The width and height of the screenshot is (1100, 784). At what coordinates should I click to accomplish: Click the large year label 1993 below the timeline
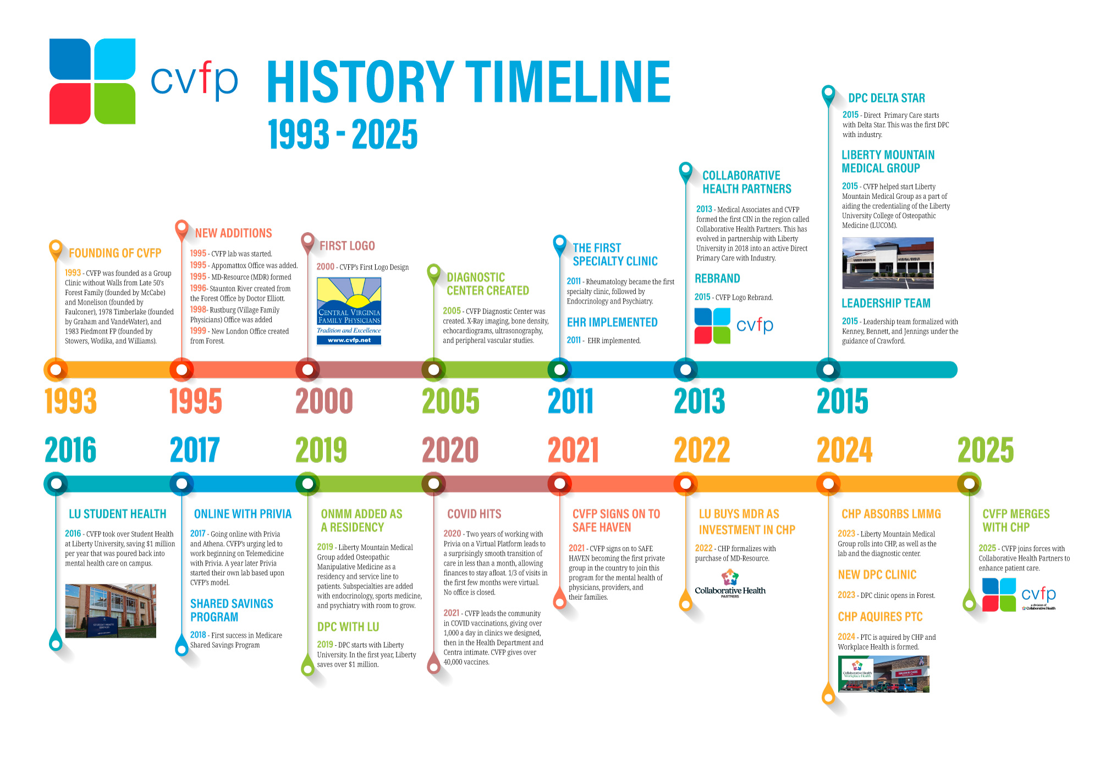[x=71, y=401]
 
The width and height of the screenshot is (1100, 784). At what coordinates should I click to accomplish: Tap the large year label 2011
[x=571, y=401]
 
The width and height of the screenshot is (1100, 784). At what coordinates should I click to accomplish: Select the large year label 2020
[x=450, y=450]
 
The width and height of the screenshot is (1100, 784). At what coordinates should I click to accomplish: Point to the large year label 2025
[x=986, y=450]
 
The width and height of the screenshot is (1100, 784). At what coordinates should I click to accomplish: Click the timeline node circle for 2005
[x=434, y=370]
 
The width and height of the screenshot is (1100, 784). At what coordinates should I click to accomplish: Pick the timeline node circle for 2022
[x=686, y=484]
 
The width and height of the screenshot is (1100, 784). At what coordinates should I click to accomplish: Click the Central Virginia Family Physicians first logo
[x=349, y=311]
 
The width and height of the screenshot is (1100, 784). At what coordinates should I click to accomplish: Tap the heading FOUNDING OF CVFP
[x=115, y=253]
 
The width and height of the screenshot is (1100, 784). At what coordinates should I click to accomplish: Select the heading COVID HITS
[x=474, y=514]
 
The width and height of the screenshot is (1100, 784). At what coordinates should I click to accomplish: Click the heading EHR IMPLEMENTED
[x=612, y=322]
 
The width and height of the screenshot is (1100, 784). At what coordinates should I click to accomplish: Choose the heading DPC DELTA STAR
[x=887, y=98]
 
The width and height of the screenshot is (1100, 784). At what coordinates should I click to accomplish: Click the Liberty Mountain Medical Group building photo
[x=888, y=263]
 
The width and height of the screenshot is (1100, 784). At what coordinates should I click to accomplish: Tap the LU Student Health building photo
[x=111, y=611]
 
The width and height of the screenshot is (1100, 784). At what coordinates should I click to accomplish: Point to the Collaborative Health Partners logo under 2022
[x=730, y=584]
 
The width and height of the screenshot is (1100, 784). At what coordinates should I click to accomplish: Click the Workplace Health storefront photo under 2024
[x=883, y=674]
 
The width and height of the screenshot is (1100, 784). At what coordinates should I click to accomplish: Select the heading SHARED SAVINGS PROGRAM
[x=232, y=610]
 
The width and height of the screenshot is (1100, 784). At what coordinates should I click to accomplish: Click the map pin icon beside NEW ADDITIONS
[x=182, y=230]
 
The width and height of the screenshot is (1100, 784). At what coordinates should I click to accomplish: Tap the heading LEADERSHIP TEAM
[x=886, y=303]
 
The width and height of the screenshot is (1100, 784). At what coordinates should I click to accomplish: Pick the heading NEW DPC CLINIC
[x=877, y=575]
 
